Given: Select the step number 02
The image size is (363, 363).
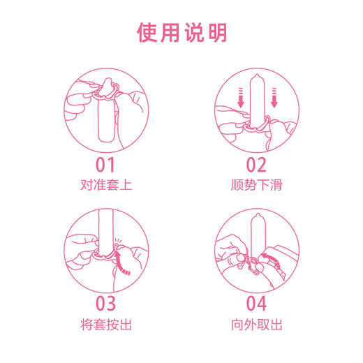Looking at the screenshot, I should tap(256, 165).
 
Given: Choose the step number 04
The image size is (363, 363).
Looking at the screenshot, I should tap(256, 304).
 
